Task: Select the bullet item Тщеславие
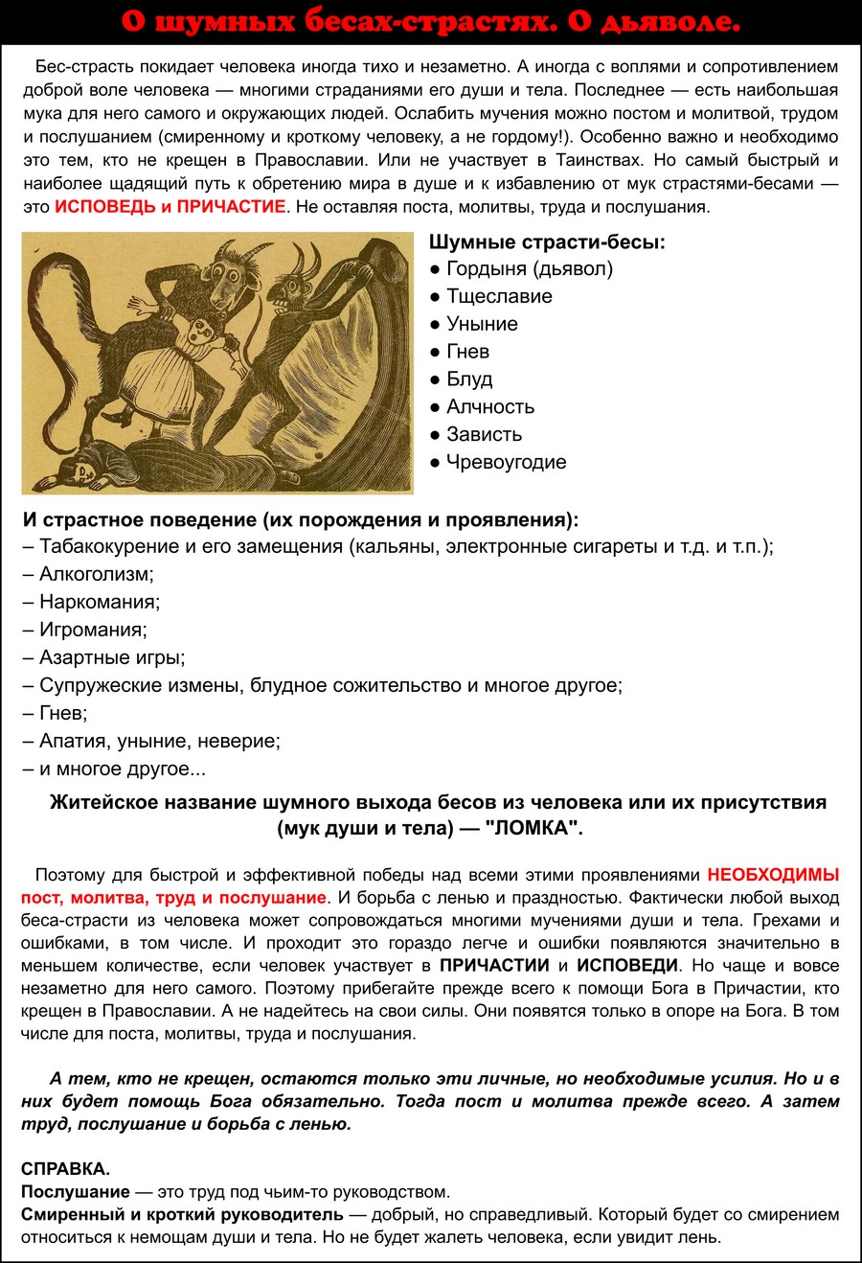coord(499,296)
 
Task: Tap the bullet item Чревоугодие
coord(506,462)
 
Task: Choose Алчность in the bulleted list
coord(490,406)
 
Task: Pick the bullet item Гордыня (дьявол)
coord(530,268)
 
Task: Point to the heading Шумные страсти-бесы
coord(547,241)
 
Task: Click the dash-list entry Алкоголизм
coord(96,574)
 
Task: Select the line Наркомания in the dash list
coord(99,602)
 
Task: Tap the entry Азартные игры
coord(112,657)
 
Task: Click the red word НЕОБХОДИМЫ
coord(773,875)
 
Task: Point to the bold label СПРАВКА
coord(65,1169)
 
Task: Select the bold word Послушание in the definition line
coord(75,1192)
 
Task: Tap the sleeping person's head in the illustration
coord(74,470)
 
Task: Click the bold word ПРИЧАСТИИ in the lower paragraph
coord(494,966)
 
